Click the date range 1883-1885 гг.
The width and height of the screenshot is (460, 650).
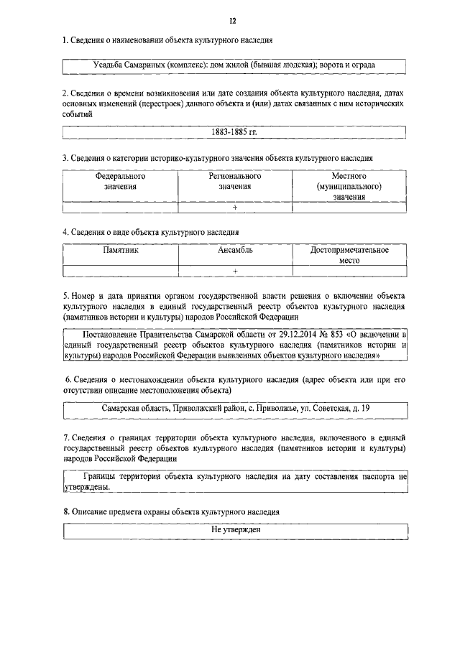234,133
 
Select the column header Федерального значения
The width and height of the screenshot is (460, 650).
120,181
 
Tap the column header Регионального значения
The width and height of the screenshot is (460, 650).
234,181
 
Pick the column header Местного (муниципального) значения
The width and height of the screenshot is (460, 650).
349,186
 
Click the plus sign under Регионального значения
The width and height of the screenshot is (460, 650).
234,208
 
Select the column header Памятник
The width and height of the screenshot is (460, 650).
120,251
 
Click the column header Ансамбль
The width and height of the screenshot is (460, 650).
234,251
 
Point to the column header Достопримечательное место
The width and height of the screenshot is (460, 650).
349,256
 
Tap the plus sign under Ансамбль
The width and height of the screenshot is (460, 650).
234,271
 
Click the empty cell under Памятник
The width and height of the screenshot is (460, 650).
120,271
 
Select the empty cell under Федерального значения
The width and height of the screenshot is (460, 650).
120,208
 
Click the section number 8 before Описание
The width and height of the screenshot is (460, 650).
65,511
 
